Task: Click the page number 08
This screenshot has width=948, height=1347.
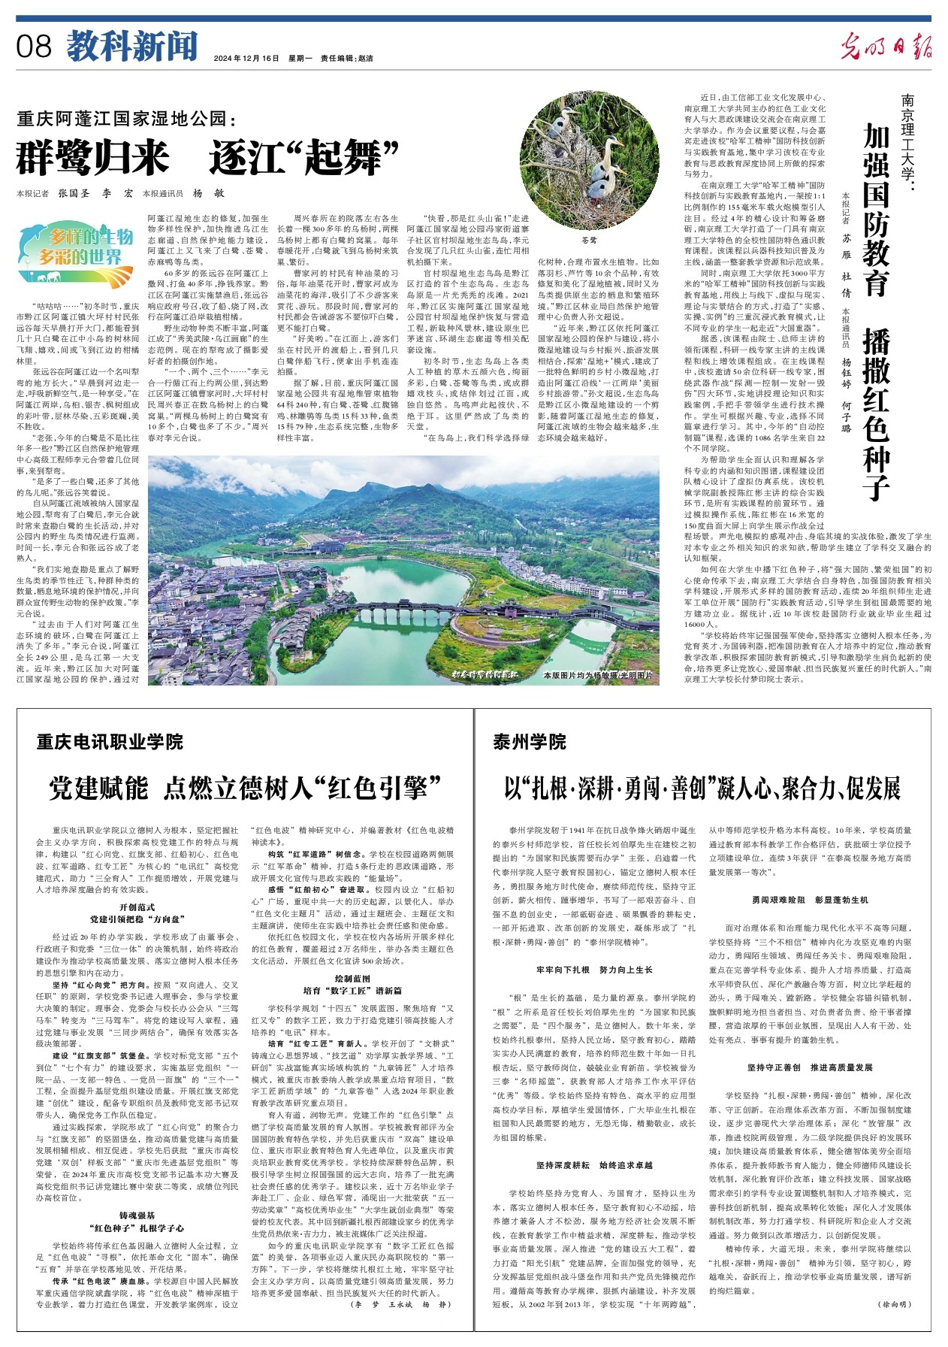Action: (33, 47)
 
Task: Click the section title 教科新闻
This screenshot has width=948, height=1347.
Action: (131, 46)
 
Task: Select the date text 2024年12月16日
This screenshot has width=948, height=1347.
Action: (246, 58)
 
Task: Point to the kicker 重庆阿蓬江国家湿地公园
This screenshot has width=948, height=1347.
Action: (127, 119)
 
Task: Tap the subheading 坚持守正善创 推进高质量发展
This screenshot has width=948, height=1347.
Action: (810, 1067)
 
